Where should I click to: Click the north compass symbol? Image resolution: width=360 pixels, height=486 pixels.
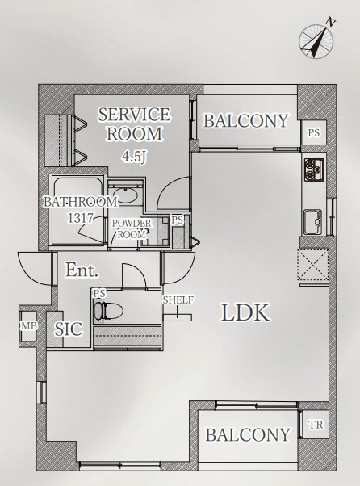pyautogui.click(x=316, y=41)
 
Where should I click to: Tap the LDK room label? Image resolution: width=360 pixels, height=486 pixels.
pyautogui.click(x=245, y=312)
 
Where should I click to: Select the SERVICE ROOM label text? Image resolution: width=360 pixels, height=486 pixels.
pyautogui.click(x=134, y=124)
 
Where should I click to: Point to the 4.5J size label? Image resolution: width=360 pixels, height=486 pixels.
pyautogui.click(x=134, y=157)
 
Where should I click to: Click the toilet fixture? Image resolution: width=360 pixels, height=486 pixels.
pyautogui.click(x=108, y=310)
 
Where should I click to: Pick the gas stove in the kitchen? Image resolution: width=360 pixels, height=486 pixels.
pyautogui.click(x=314, y=170)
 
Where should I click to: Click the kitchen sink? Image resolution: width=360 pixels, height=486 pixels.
pyautogui.click(x=313, y=222)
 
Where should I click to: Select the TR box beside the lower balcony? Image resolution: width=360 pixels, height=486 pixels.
pyautogui.click(x=315, y=425)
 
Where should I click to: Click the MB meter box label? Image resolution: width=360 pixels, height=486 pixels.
pyautogui.click(x=29, y=326)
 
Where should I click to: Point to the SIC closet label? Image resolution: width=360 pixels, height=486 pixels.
pyautogui.click(x=69, y=329)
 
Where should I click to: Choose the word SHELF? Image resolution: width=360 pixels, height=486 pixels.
pyautogui.click(x=178, y=300)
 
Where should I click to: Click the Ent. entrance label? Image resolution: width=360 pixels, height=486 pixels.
pyautogui.click(x=82, y=270)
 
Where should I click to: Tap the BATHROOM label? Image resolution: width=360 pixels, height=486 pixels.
pyautogui.click(x=80, y=202)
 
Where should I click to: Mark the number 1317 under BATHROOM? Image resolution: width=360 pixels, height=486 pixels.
pyautogui.click(x=80, y=218)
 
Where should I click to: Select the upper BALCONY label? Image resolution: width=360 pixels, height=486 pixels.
pyautogui.click(x=246, y=120)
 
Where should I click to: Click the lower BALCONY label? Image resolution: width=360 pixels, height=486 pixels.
pyautogui.click(x=248, y=434)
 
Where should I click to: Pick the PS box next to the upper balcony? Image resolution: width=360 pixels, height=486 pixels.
pyautogui.click(x=313, y=132)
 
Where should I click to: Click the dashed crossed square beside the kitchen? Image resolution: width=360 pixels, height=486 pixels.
pyautogui.click(x=313, y=264)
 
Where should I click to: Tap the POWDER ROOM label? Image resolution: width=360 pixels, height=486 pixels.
pyautogui.click(x=132, y=228)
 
